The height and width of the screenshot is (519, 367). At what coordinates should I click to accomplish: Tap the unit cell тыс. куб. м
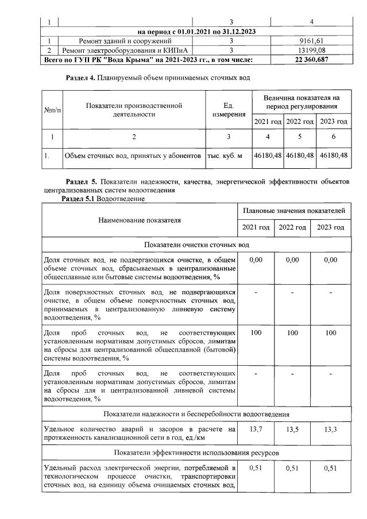229,155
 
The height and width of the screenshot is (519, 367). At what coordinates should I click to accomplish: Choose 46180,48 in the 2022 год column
300,155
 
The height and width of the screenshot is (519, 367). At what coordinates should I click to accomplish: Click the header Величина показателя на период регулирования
302,103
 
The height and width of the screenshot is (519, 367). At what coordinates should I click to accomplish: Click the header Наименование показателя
139,219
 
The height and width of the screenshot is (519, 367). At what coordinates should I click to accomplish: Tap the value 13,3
330,429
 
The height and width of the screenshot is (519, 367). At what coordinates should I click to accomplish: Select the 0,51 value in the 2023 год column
330,468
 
